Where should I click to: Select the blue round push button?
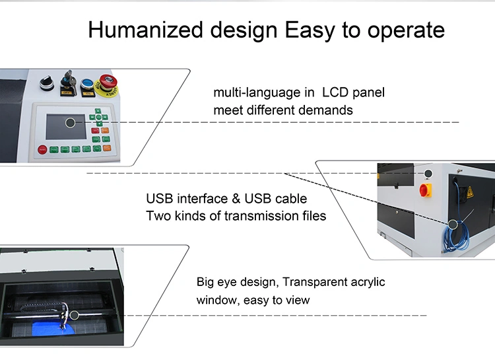click(x=86, y=83)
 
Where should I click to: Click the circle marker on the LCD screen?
click(x=70, y=122)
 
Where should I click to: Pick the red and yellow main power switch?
click(x=424, y=190)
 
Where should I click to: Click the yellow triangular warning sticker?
click(x=470, y=193)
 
